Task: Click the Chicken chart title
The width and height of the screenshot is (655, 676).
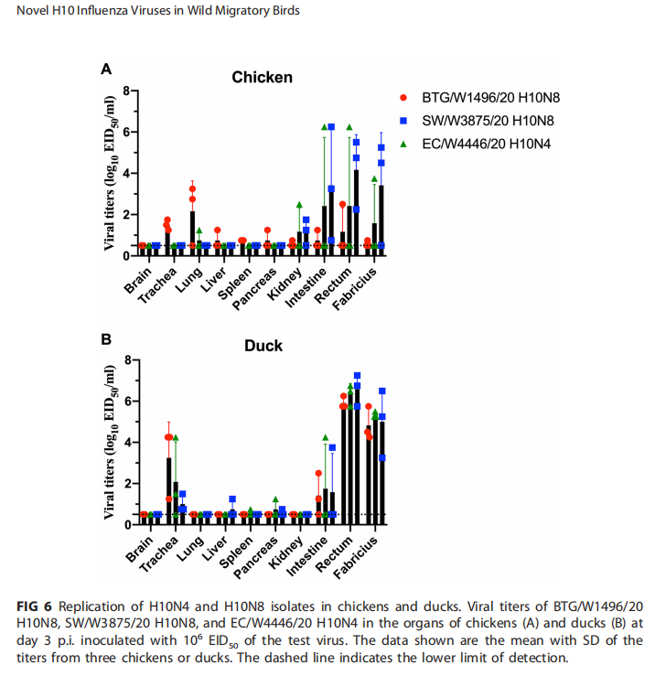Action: click(x=262, y=78)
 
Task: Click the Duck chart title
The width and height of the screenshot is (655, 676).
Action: click(x=263, y=346)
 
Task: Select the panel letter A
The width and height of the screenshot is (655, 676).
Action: click(x=106, y=69)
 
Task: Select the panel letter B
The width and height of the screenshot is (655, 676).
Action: click(x=106, y=338)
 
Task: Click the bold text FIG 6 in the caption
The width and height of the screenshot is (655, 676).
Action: click(x=35, y=606)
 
